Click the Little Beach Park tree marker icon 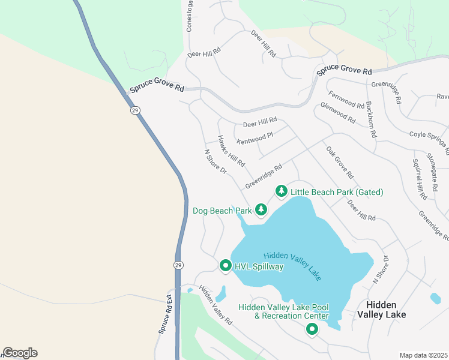281,191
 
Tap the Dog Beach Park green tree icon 261,209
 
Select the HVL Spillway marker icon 226,265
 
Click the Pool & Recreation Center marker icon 312,329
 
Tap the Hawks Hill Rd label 231,151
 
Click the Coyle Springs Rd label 429,139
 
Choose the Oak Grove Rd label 340,162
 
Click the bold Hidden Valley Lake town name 381,310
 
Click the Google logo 20,353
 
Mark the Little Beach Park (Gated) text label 337,192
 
